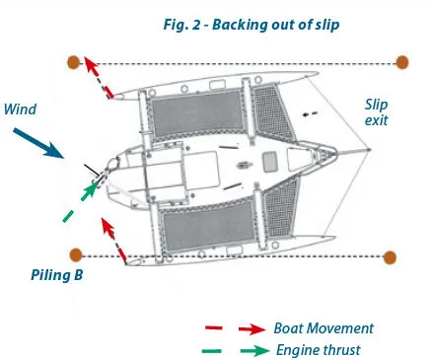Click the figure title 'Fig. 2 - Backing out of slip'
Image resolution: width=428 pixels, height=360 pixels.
click(x=251, y=25)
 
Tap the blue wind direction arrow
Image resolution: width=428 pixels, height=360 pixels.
click(x=38, y=143)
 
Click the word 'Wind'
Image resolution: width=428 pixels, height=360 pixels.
click(x=20, y=109)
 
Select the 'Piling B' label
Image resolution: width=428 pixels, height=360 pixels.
click(x=57, y=275)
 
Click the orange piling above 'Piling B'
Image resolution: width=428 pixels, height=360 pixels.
click(x=76, y=254)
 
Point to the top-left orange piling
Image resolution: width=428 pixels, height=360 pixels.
click(x=73, y=62)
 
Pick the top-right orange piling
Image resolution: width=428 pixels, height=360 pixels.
click(x=402, y=62)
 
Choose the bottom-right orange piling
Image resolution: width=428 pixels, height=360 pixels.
click(x=390, y=257)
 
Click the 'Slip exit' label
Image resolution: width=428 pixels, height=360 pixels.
click(x=376, y=112)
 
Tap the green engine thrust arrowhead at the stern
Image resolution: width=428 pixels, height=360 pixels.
click(x=90, y=191)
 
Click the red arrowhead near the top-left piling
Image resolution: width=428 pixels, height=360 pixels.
click(x=91, y=65)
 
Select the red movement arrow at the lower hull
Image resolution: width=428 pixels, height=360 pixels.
click(x=113, y=240)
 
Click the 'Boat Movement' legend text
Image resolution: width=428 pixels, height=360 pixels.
click(x=323, y=328)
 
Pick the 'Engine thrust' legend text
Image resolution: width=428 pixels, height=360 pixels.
click(x=319, y=350)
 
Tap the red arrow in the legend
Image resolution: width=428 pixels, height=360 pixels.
click(x=252, y=328)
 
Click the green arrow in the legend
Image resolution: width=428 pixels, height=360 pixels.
click(x=255, y=351)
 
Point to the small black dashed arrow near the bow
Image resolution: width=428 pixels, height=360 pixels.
click(x=310, y=113)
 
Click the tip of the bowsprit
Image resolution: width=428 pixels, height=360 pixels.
click(x=369, y=150)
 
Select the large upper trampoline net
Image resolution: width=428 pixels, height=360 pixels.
click(x=197, y=112)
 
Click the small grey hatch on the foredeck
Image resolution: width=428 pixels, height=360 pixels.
click(x=270, y=162)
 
